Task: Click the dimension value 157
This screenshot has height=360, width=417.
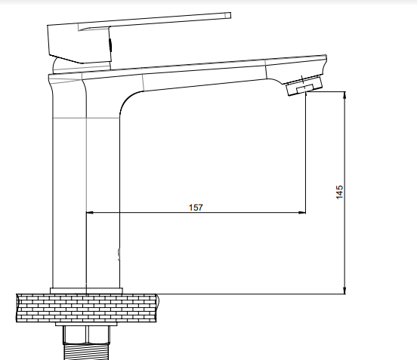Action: pos(196,208)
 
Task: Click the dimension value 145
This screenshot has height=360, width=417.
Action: pos(340,192)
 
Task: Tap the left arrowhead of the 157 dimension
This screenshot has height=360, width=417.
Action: pos(90,213)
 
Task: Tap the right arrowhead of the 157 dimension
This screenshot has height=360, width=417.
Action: pos(302,213)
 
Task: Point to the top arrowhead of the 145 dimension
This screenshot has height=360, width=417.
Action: pos(345,95)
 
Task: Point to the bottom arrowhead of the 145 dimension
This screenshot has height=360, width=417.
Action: pos(345,291)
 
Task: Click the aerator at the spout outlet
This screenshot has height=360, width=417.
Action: pos(304,85)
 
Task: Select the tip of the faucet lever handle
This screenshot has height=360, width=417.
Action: pos(228,15)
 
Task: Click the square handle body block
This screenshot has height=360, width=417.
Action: pos(79,44)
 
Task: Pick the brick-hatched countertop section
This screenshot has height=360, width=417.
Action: pos(87,308)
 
